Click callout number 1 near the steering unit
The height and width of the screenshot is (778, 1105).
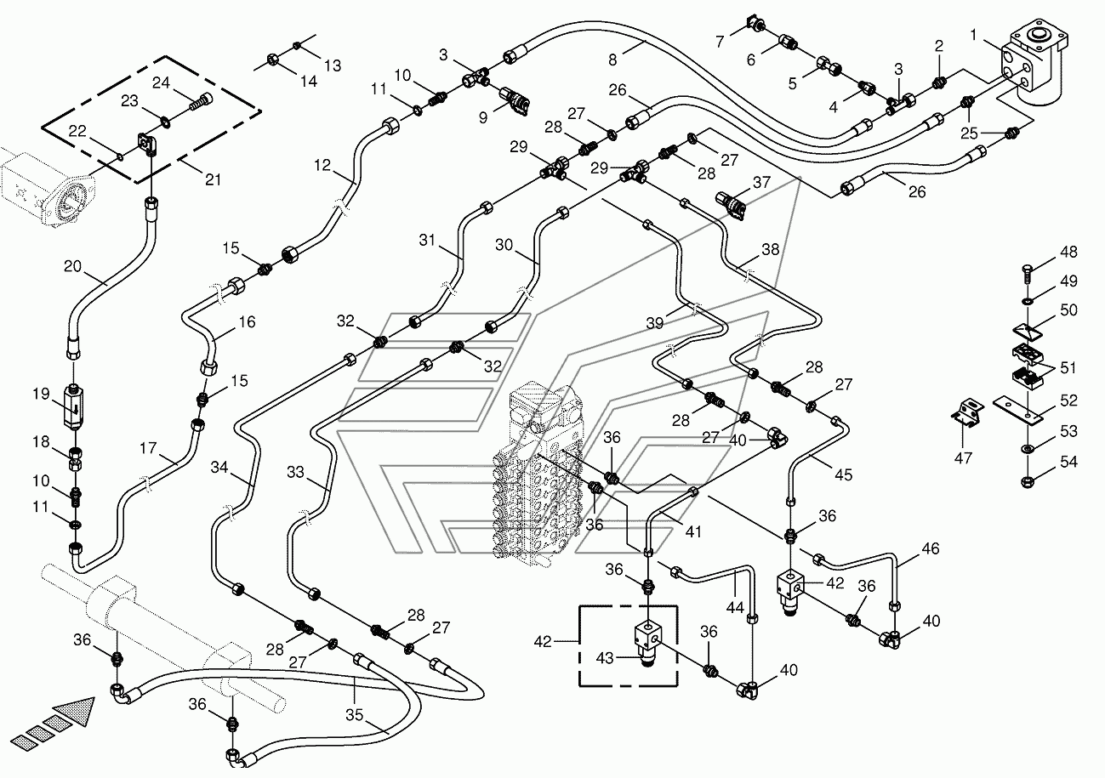[973, 35]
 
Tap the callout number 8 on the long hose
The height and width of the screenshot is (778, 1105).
[612, 60]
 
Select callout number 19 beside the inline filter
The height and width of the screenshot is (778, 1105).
[41, 394]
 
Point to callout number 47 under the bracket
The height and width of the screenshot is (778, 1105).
[963, 458]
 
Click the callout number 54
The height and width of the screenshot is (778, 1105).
[1068, 462]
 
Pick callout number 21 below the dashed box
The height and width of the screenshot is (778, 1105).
[213, 180]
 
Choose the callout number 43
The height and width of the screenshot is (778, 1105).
[605, 658]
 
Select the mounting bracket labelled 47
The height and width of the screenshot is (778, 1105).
[968, 412]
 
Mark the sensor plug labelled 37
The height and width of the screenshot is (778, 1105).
[730, 205]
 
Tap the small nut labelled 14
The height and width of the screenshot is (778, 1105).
[272, 60]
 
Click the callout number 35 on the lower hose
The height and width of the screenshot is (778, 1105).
[354, 715]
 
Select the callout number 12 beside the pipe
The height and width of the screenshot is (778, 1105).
[322, 165]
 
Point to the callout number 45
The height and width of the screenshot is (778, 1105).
[844, 474]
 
